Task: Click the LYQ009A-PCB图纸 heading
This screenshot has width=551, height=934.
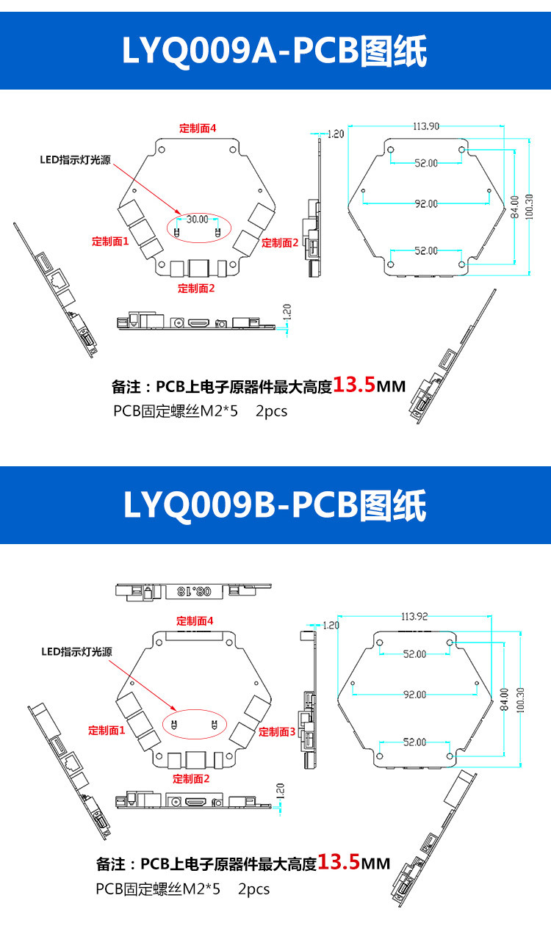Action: (275, 51)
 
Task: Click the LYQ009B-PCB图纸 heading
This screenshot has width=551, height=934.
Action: (275, 505)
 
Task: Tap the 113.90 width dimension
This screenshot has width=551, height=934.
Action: (426, 126)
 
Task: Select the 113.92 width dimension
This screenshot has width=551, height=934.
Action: (414, 616)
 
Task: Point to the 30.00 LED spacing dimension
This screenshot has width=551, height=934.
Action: (198, 219)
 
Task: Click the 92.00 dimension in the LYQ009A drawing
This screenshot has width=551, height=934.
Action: (426, 203)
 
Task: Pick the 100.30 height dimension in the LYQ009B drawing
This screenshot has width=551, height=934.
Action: (520, 700)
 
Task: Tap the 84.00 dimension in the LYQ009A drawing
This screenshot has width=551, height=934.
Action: (515, 207)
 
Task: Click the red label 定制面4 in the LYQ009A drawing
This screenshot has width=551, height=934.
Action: (198, 128)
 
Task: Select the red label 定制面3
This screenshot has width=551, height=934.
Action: (277, 732)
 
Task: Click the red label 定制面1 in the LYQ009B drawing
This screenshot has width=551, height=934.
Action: (107, 731)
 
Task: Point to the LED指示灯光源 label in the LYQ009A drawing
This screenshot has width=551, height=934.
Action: (76, 159)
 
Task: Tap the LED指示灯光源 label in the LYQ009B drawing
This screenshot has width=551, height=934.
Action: (76, 652)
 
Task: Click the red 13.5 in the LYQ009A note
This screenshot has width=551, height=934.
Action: (355, 385)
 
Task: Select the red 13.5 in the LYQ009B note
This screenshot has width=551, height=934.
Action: (339, 862)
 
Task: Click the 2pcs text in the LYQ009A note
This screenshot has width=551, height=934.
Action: (272, 411)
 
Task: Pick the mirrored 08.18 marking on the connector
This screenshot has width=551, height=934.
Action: (195, 591)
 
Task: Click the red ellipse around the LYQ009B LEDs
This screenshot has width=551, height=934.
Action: (195, 724)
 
